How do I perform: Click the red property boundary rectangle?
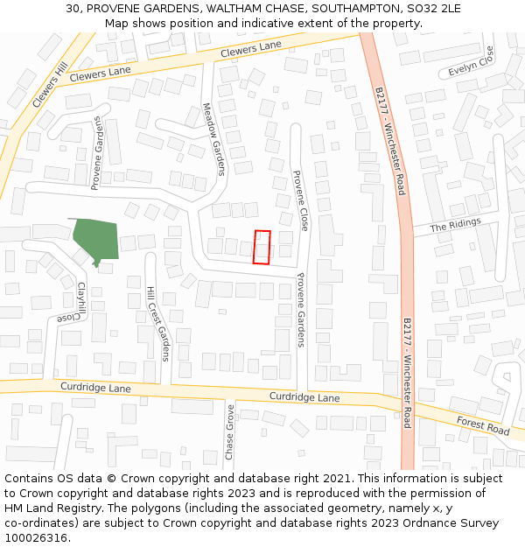[x=262, y=247]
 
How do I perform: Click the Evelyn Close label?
[x=472, y=63]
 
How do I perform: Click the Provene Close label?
[x=300, y=200]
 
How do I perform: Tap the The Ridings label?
[x=456, y=225]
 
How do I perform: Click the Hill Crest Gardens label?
[x=157, y=323]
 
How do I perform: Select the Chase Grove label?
[x=229, y=432]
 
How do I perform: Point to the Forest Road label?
[x=483, y=425]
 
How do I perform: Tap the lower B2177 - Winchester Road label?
[x=406, y=372]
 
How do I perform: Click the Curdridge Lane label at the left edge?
[x=95, y=387]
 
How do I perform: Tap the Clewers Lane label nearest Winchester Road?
[x=251, y=48]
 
